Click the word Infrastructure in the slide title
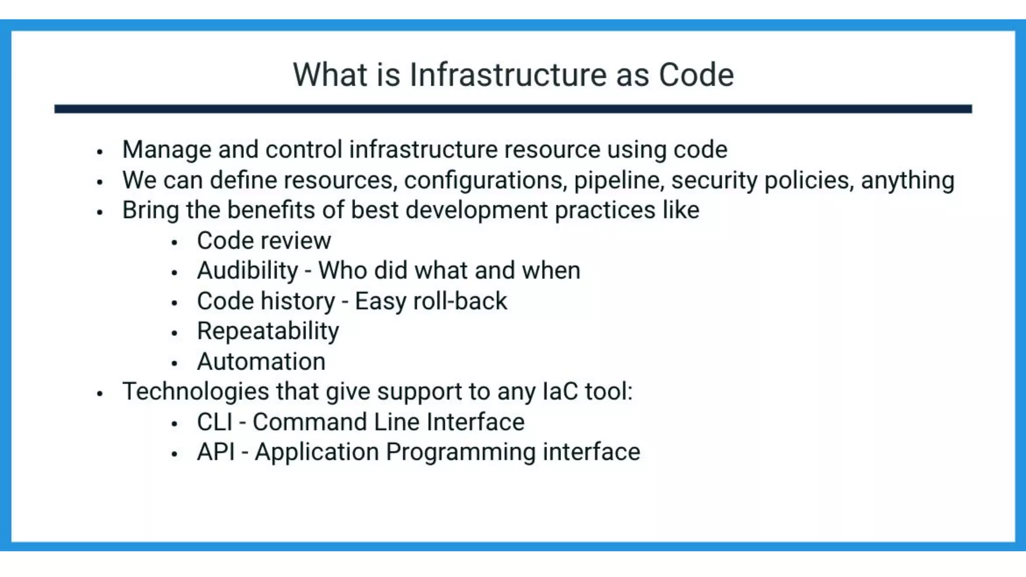click(508, 75)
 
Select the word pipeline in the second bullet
click(619, 180)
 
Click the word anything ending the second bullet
click(907, 180)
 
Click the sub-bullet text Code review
click(264, 241)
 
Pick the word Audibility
click(247, 271)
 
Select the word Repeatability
click(268, 332)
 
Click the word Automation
click(261, 362)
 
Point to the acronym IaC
click(560, 392)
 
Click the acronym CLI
click(214, 422)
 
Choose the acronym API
click(216, 452)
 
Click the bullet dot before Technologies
click(100, 394)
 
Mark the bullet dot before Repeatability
click(174, 333)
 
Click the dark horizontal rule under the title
click(512, 109)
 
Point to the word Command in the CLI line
click(310, 422)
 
